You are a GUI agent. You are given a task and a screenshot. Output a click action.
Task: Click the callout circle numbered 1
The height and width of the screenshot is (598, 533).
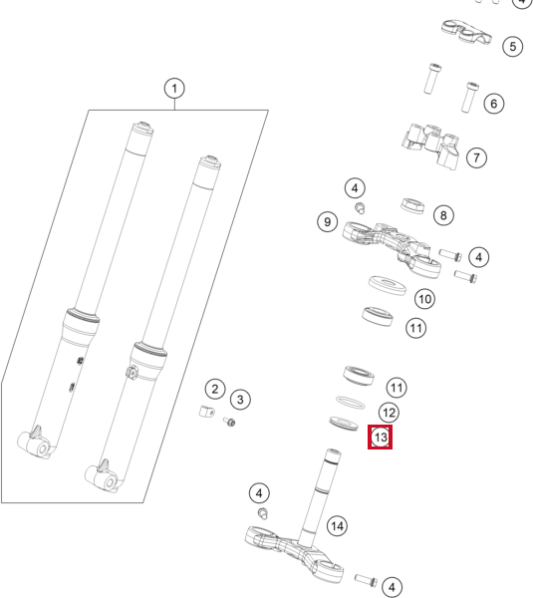point(174,89)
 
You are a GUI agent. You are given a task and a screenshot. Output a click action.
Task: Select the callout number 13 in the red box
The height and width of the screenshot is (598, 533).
point(381,438)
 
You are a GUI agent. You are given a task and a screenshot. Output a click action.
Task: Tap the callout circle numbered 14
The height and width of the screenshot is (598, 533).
point(337,526)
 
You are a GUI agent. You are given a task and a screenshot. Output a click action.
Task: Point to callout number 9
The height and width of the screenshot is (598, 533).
point(327,221)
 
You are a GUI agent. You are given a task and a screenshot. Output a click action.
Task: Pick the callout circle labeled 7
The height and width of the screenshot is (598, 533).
point(476,157)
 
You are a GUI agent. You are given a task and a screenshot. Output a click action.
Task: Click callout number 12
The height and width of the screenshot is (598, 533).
point(389,413)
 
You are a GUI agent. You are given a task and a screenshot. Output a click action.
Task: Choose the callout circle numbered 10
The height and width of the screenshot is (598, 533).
point(424,299)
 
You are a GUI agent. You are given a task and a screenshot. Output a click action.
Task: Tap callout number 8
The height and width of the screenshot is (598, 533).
point(443,215)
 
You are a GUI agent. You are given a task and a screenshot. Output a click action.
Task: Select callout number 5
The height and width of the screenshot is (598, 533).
point(513,47)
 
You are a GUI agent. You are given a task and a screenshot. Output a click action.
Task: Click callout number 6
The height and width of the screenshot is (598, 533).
point(494,104)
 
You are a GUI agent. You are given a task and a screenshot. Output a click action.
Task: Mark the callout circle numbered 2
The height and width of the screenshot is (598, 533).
point(215,389)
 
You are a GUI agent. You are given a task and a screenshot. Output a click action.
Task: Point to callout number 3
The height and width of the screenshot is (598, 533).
point(240,400)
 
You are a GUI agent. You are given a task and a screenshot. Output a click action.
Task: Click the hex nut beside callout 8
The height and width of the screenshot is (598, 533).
point(412,206)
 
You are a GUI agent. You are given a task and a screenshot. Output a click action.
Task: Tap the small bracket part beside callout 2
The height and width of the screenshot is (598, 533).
point(206,412)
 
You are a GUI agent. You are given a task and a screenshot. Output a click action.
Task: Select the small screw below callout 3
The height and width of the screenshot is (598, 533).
point(229,422)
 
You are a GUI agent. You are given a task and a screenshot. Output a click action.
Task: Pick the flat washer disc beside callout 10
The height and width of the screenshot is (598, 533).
point(388,285)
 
